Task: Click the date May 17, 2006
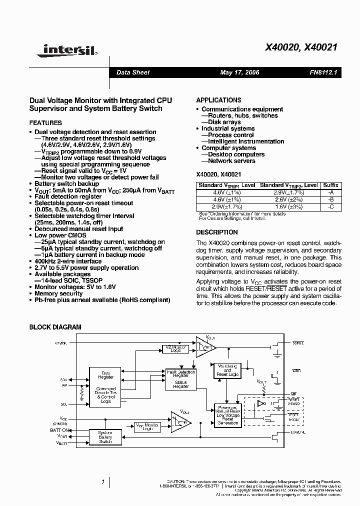[x=239, y=72]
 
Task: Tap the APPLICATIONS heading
[x=218, y=100]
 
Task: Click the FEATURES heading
[x=45, y=122]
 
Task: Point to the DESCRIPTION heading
[x=216, y=232]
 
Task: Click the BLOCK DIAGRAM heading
[x=55, y=327]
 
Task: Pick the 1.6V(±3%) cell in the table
[x=288, y=206]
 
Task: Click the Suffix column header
[x=330, y=185]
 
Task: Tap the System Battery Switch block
[x=105, y=436]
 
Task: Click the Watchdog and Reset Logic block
[x=227, y=370]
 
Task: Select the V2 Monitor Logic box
[x=175, y=348]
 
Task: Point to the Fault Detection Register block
[x=180, y=380]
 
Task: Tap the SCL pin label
[x=63, y=403]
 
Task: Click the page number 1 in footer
[x=102, y=482]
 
